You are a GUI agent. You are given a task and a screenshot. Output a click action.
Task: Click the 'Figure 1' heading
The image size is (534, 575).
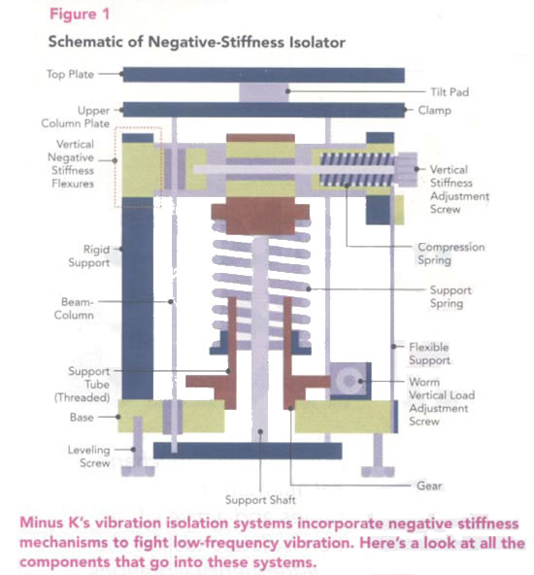pos(80,15)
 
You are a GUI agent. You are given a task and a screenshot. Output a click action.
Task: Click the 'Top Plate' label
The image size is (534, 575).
pos(70,74)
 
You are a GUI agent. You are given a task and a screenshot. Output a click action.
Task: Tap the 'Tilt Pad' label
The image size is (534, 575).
pos(450,91)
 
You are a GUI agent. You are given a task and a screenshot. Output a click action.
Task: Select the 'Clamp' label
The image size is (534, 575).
pos(434,111)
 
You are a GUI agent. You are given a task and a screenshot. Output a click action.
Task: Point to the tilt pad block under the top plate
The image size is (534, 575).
pos(263,92)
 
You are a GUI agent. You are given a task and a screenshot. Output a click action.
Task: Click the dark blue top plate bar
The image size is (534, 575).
pos(263,75)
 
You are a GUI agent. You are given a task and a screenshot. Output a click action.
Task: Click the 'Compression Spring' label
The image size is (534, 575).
pos(451,254)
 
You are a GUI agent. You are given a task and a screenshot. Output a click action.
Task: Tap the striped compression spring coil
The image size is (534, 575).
pos(357,169)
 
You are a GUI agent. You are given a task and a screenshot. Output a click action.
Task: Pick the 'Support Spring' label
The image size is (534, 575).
pos(451,296)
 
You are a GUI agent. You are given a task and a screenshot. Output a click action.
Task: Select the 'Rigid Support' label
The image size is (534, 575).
pos(88,256)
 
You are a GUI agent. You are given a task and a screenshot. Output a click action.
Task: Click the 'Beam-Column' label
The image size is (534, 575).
pos(74,309)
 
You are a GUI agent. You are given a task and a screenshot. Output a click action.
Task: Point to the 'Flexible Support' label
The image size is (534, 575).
pos(429,354)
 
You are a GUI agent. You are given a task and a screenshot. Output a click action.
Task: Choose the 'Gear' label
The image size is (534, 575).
pos(429,486)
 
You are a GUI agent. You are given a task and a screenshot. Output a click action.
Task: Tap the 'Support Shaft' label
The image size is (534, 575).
pos(260,500)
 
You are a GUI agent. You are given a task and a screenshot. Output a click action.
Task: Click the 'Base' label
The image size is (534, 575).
pos(82,418)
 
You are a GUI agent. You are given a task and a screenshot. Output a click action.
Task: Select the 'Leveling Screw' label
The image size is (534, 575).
pos(88,457)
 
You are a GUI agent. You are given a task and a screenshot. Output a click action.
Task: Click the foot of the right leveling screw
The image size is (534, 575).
pos(378,471)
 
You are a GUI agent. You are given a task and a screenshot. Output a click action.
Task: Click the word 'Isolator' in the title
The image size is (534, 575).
pos(317,42)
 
